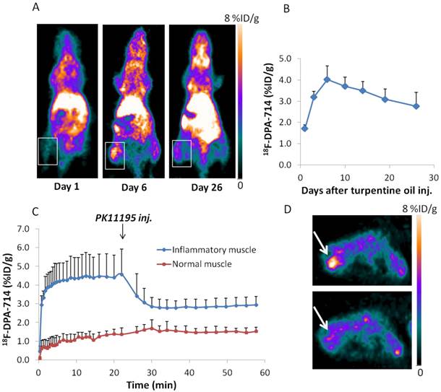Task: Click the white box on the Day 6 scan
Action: click(x=114, y=155)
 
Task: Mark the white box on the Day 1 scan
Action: click(x=47, y=151)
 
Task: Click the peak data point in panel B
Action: click(x=327, y=79)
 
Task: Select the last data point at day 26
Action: click(x=416, y=106)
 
